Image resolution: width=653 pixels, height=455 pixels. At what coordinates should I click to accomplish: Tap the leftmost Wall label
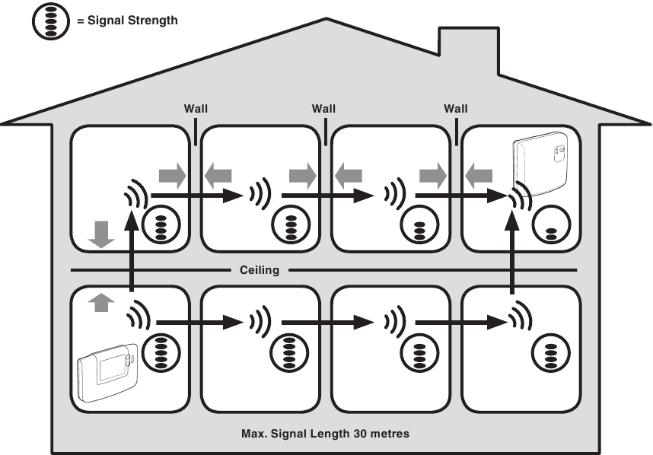pyautogui.click(x=196, y=109)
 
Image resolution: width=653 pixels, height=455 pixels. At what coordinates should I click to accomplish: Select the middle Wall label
pyautogui.click(x=323, y=109)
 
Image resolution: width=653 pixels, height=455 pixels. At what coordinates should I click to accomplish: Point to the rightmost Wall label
pyautogui.click(x=455, y=109)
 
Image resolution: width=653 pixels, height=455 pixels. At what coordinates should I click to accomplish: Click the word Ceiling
pyautogui.click(x=260, y=270)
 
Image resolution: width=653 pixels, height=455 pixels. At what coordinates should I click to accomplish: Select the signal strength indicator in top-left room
pyautogui.click(x=160, y=227)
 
